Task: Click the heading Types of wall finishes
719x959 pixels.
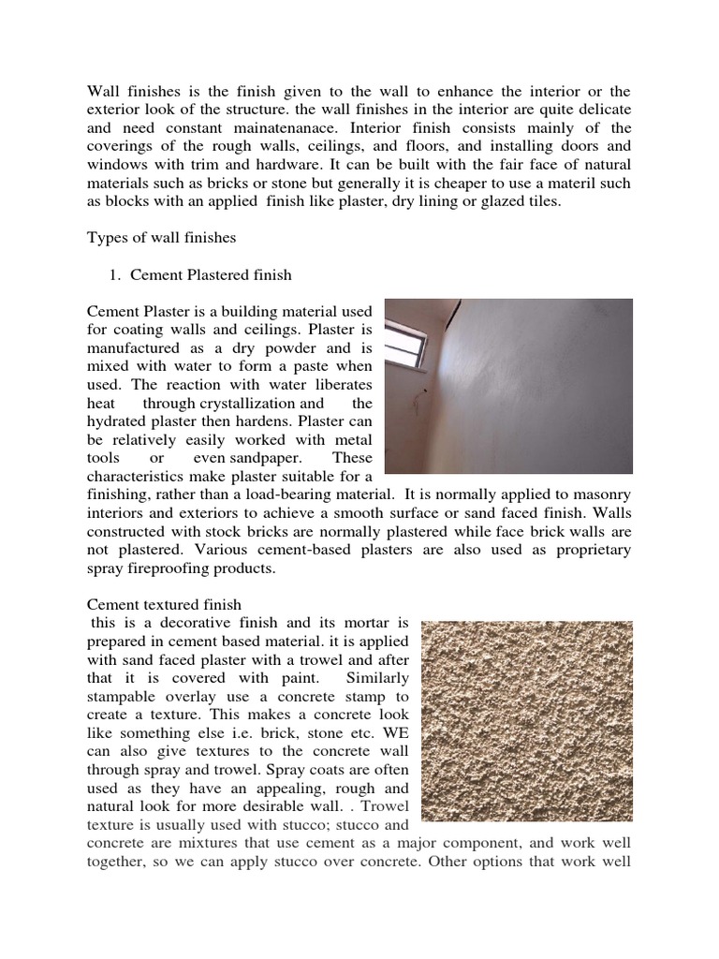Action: [161, 239]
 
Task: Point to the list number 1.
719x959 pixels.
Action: [116, 275]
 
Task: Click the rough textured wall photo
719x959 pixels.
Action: [527, 720]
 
